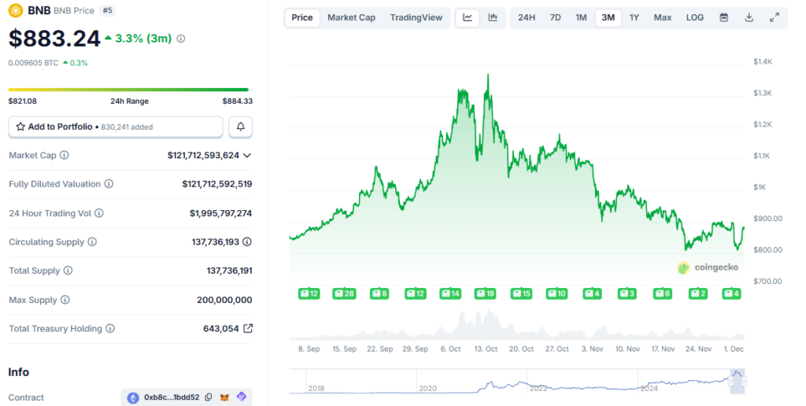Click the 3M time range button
(608, 17)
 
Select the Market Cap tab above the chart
(351, 17)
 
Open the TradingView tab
(416, 17)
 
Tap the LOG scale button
(694, 17)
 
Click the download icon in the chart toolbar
(749, 17)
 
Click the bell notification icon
(241, 127)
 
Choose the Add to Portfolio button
(116, 127)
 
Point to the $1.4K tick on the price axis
(763, 61)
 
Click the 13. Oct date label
(486, 349)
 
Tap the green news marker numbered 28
(344, 293)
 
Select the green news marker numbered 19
(485, 293)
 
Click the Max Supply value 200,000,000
(224, 300)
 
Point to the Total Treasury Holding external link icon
(248, 328)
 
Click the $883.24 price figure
(54, 39)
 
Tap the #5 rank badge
(107, 10)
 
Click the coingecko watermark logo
(708, 268)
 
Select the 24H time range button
(527, 17)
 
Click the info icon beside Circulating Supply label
(92, 242)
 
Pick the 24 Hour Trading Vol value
(220, 213)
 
